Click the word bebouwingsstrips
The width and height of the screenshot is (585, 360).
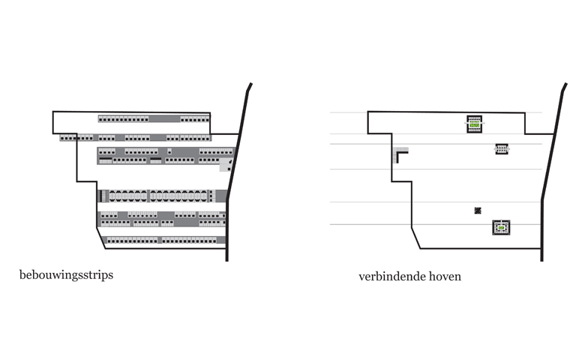click(67, 275)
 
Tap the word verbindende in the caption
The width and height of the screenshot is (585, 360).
click(392, 277)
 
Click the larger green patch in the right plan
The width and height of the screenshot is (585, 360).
click(474, 125)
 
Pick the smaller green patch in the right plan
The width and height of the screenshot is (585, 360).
click(501, 227)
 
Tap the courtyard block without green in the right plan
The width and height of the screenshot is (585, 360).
click(502, 149)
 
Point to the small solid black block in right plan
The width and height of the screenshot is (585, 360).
click(478, 211)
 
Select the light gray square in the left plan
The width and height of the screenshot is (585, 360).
click(224, 165)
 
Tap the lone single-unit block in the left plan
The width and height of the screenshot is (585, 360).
click(169, 151)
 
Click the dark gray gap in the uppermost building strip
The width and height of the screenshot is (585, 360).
click(164, 119)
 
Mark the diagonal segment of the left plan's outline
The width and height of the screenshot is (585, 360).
click(100, 238)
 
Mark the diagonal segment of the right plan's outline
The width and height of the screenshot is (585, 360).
click(416, 238)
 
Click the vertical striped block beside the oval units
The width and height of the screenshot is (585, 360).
click(103, 196)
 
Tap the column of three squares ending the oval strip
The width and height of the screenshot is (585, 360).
click(211, 196)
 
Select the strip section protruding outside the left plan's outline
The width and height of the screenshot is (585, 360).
click(68, 138)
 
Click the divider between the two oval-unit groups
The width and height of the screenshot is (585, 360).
click(148, 196)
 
